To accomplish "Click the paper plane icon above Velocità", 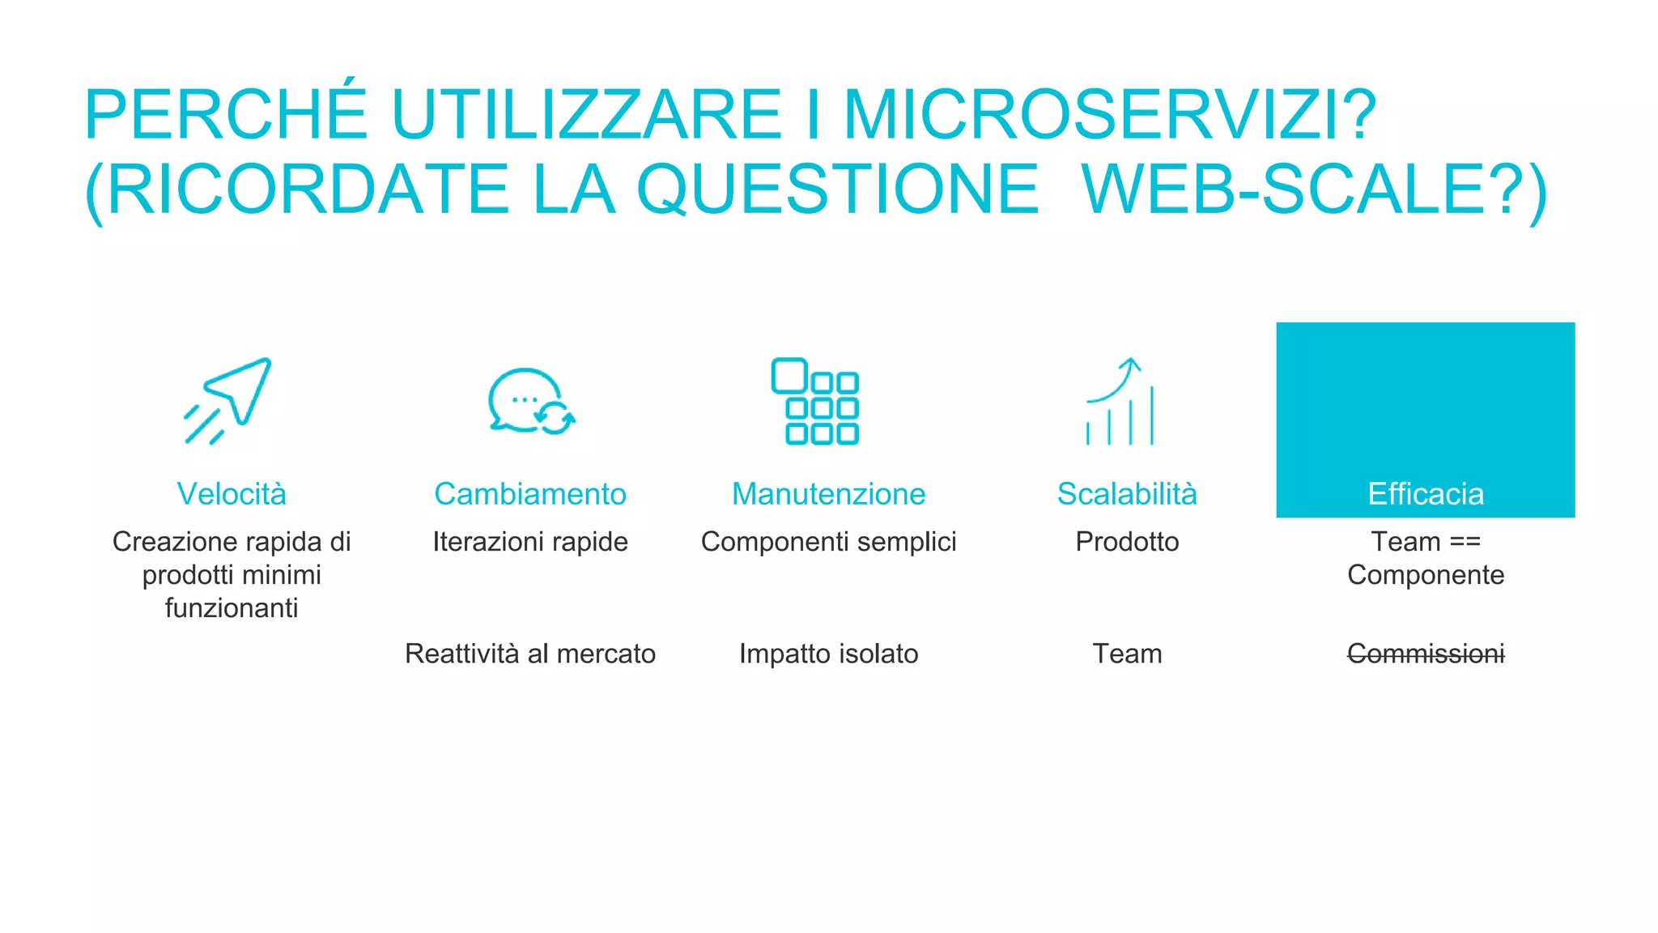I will (x=228, y=400).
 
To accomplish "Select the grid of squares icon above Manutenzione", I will (x=814, y=401).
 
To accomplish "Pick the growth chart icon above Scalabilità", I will (x=1120, y=402).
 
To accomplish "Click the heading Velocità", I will (x=232, y=494).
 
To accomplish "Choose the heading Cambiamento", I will (x=530, y=494).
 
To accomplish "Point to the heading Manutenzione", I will (x=828, y=494).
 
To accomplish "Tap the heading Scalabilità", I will (x=1127, y=494).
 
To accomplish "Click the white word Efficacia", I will (x=1426, y=494).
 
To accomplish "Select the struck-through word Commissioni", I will (x=1426, y=654).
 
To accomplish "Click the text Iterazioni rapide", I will (x=530, y=542).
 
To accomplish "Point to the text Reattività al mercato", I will (x=530, y=654).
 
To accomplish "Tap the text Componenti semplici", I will (x=828, y=542).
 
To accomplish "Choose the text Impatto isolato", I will (x=828, y=654).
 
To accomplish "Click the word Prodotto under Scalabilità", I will (x=1127, y=542).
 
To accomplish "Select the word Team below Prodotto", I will (x=1127, y=654).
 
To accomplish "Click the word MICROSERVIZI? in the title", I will (x=1110, y=115).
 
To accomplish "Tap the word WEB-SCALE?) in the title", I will (x=1314, y=190).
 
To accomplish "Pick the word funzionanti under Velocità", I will (x=232, y=608).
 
